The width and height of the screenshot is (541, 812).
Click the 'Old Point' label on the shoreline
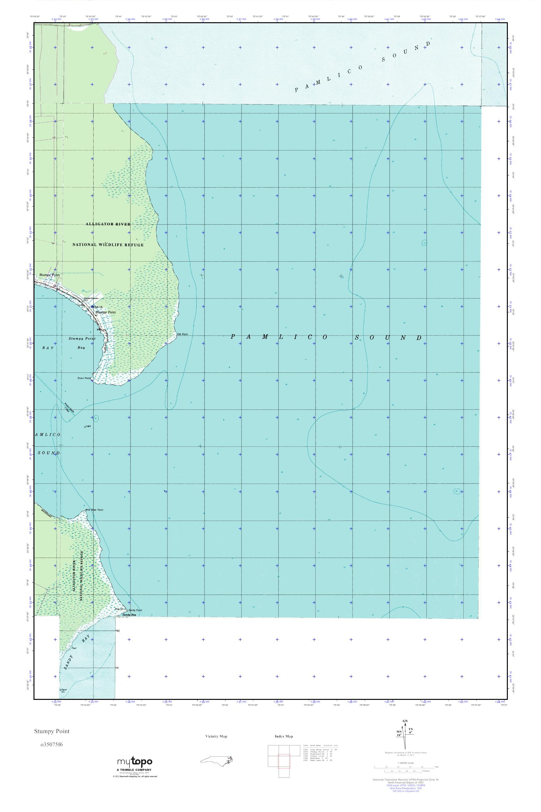(182, 334)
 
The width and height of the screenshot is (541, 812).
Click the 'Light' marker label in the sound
(88, 426)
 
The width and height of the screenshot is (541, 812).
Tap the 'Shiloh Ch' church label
(97, 307)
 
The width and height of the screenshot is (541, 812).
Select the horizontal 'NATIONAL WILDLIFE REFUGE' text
(108, 245)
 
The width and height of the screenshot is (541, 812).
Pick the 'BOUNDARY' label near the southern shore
(46, 514)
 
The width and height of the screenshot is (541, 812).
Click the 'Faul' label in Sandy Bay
(74, 648)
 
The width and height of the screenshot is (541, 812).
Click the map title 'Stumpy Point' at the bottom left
(52, 731)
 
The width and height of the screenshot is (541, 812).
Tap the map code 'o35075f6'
(52, 744)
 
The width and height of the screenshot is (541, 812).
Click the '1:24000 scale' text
(405, 773)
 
